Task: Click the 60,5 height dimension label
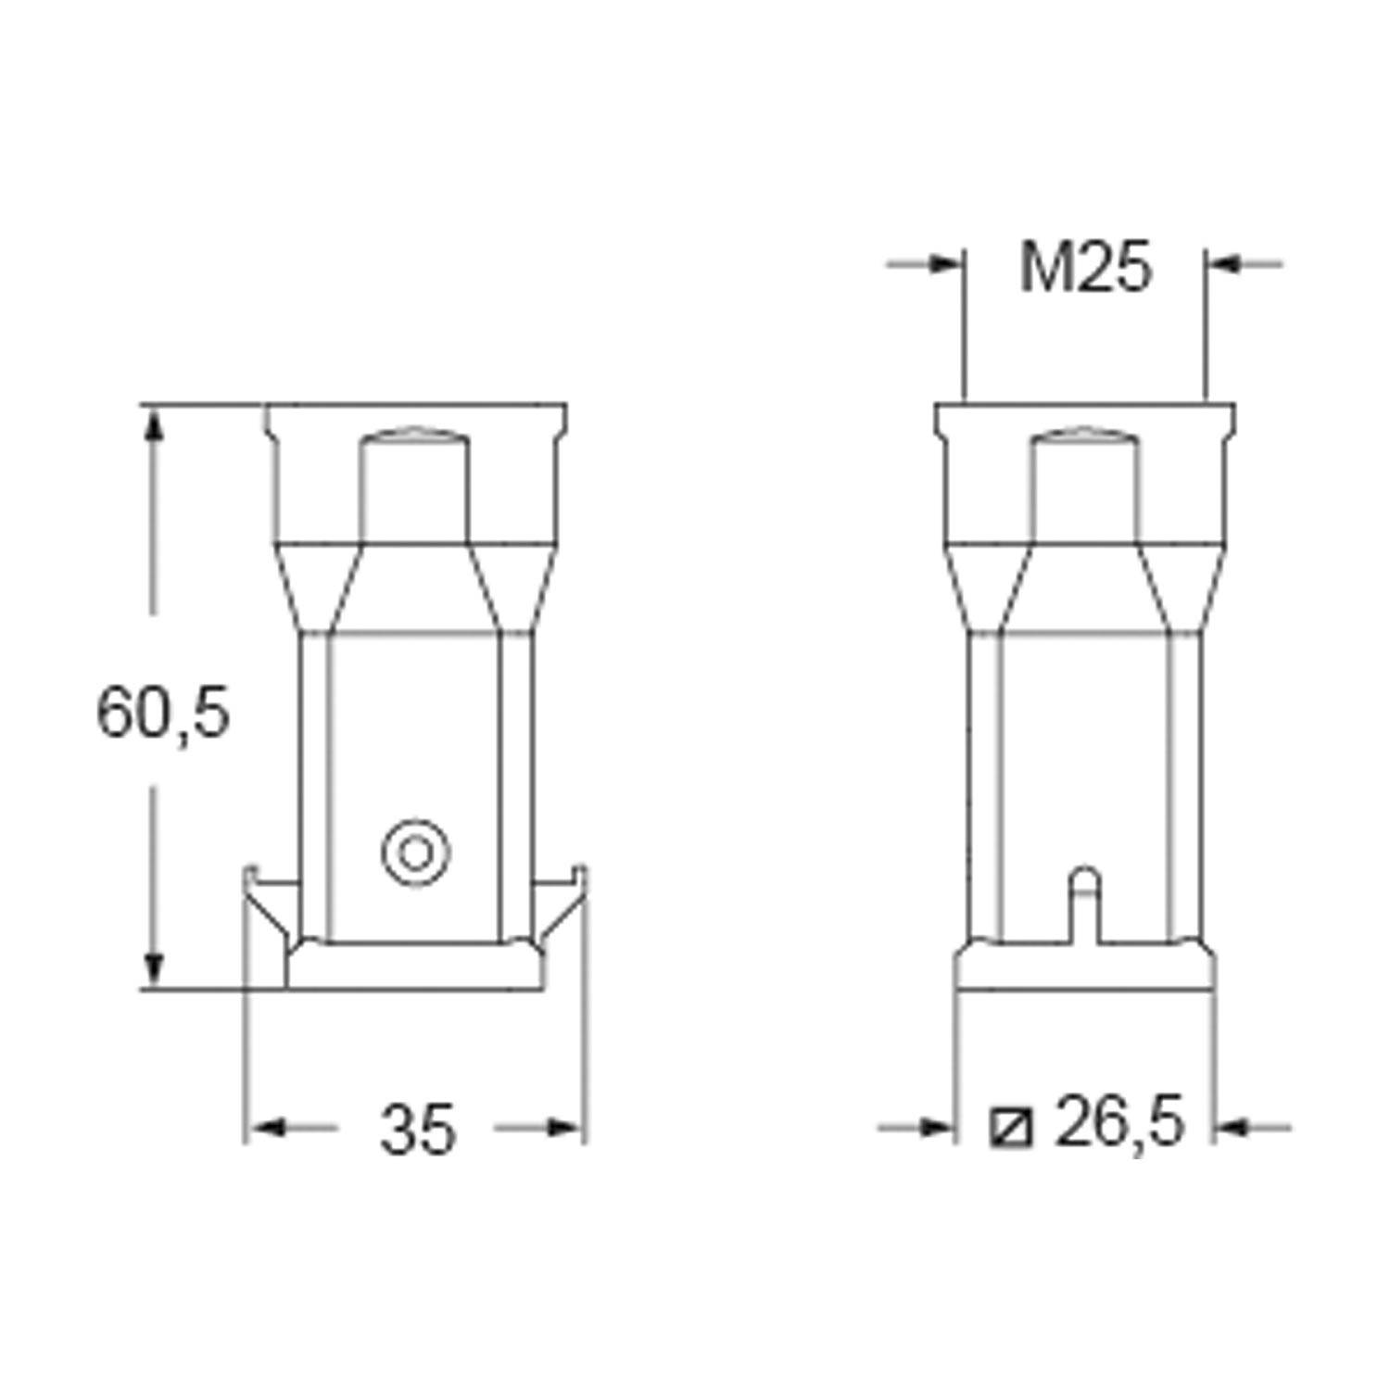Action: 163,713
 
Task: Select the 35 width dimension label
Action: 417,1130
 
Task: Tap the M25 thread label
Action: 1085,268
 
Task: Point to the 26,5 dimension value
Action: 1119,1121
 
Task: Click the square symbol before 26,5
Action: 1011,1128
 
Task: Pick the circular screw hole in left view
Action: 416,852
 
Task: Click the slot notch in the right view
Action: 1084,905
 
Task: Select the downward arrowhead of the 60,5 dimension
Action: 155,968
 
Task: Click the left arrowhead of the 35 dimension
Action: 268,1128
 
